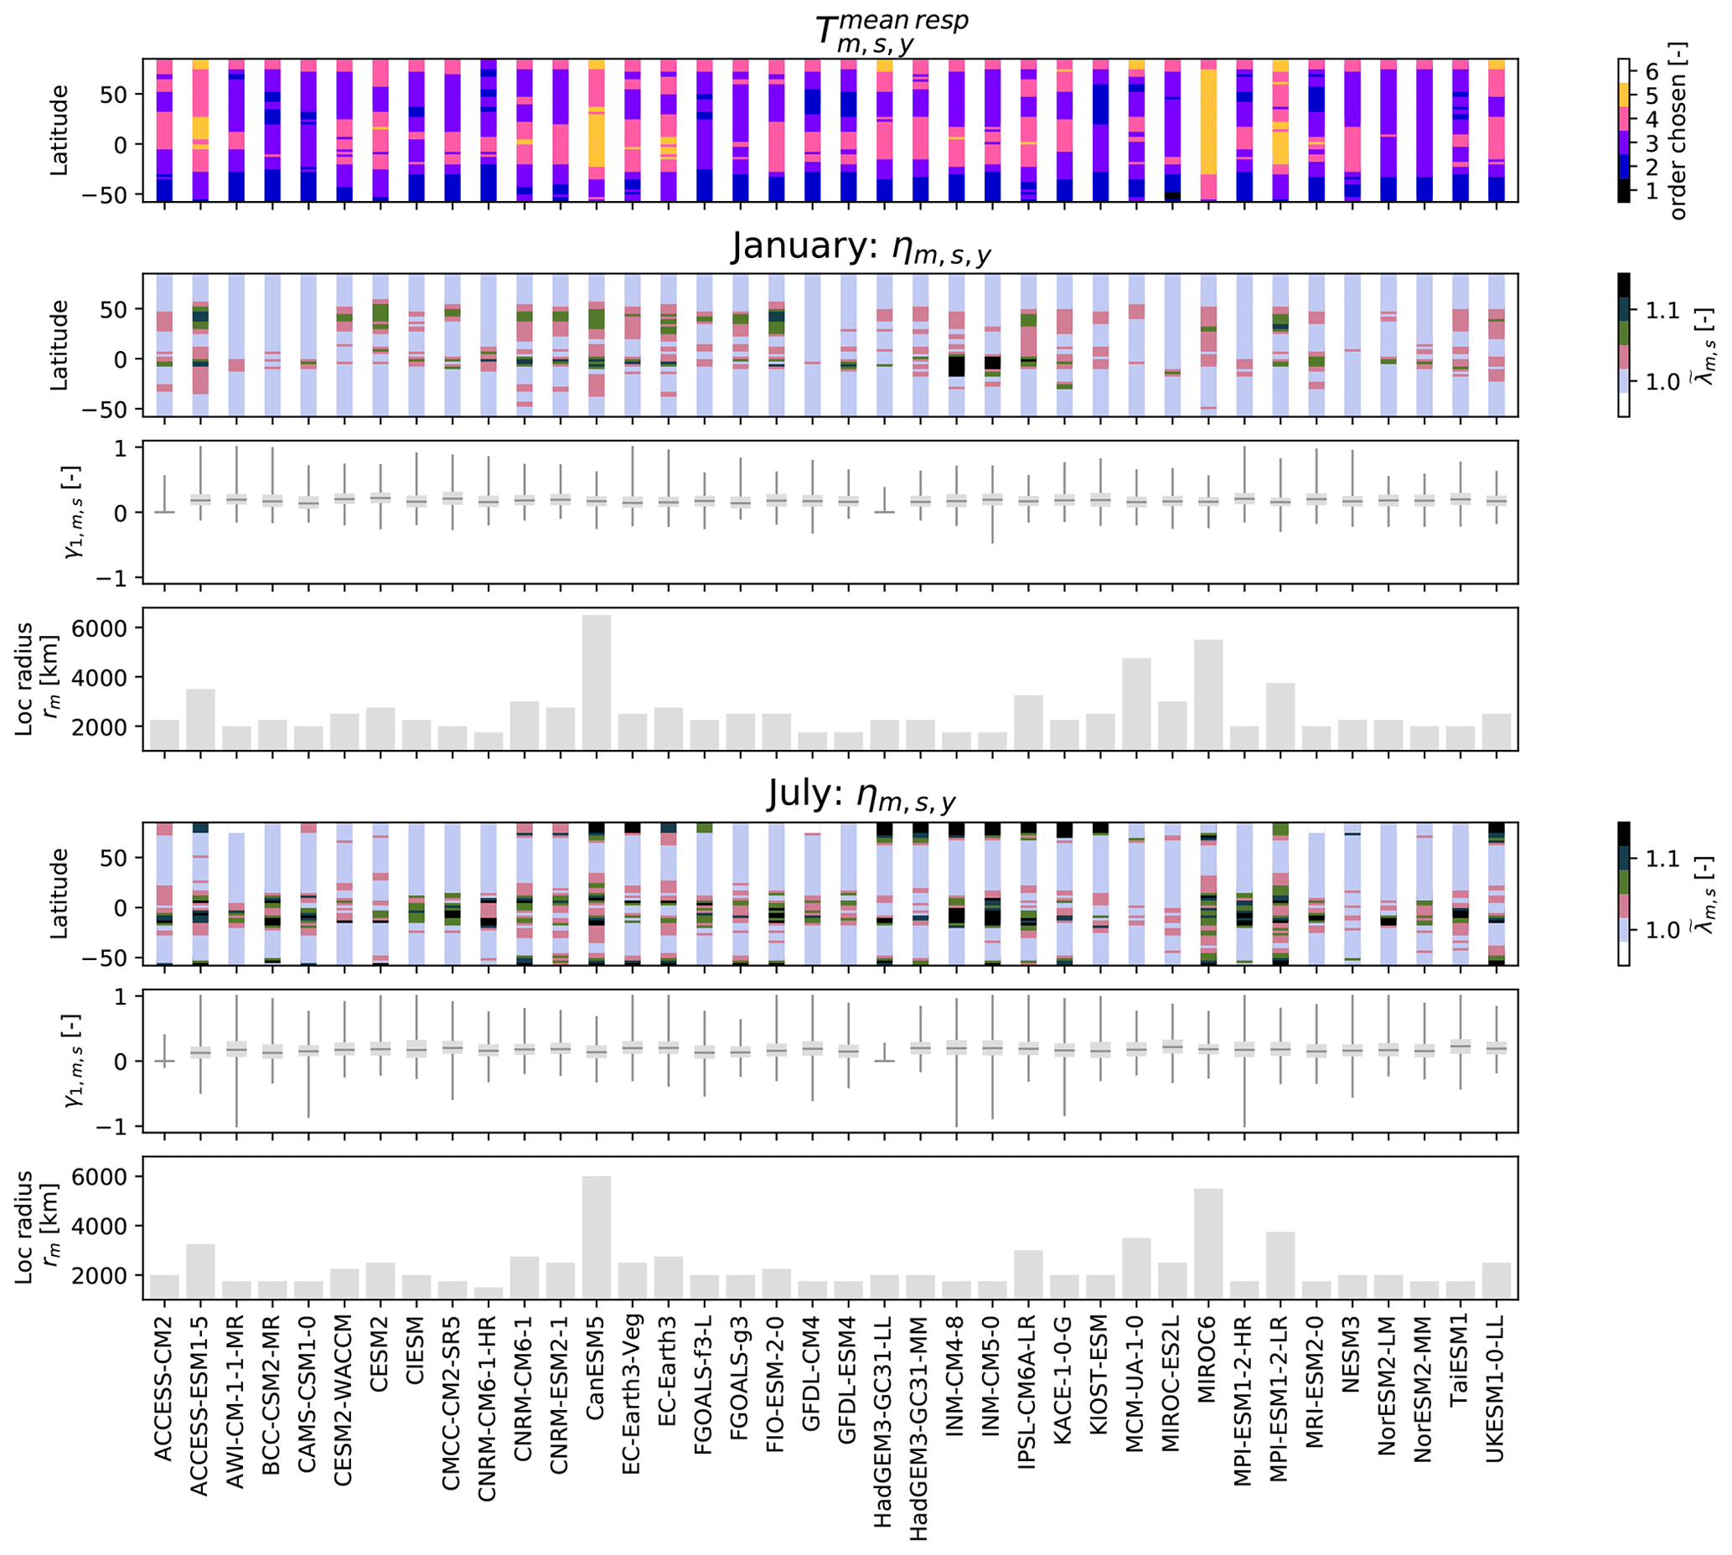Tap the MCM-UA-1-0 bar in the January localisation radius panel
(1135, 704)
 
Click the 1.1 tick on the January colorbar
(1662, 309)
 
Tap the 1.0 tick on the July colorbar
(1662, 930)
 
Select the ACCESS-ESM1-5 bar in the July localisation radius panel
(200, 1271)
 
